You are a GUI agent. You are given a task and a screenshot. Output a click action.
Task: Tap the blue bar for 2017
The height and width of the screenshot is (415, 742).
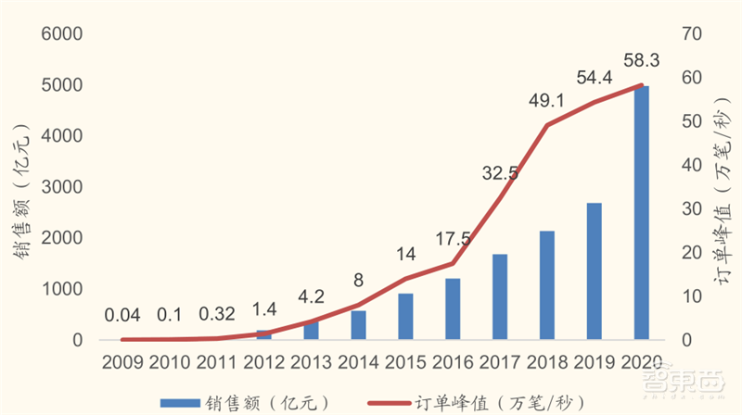pos(499,296)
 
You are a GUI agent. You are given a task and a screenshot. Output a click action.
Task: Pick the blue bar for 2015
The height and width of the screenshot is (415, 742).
pos(405,317)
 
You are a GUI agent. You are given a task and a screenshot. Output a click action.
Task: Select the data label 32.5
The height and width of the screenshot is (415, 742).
pos(502,171)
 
